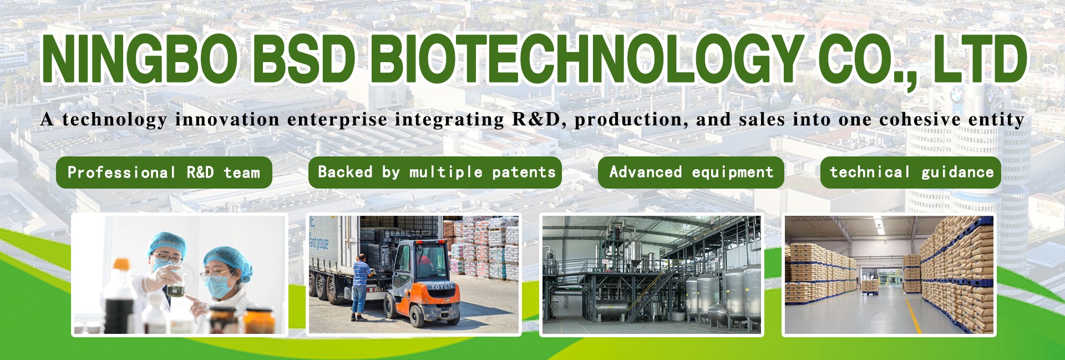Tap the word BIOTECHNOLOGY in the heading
tap(586, 59)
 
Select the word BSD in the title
tap(303, 59)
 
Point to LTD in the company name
tap(979, 59)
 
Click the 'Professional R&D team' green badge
tap(164, 173)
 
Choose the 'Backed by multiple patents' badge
tap(435, 173)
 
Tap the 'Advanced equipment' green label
tap(691, 173)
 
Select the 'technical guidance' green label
tap(911, 173)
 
